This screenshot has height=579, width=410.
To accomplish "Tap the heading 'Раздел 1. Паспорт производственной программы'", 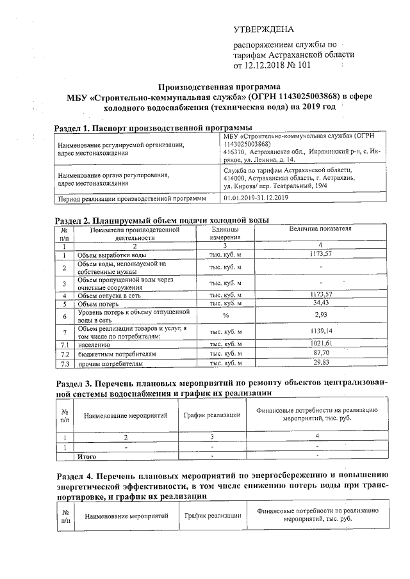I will tap(152, 128).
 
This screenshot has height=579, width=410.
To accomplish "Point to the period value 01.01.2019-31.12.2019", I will tap(257, 198).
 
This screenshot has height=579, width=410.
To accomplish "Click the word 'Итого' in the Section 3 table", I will tap(86, 457).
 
